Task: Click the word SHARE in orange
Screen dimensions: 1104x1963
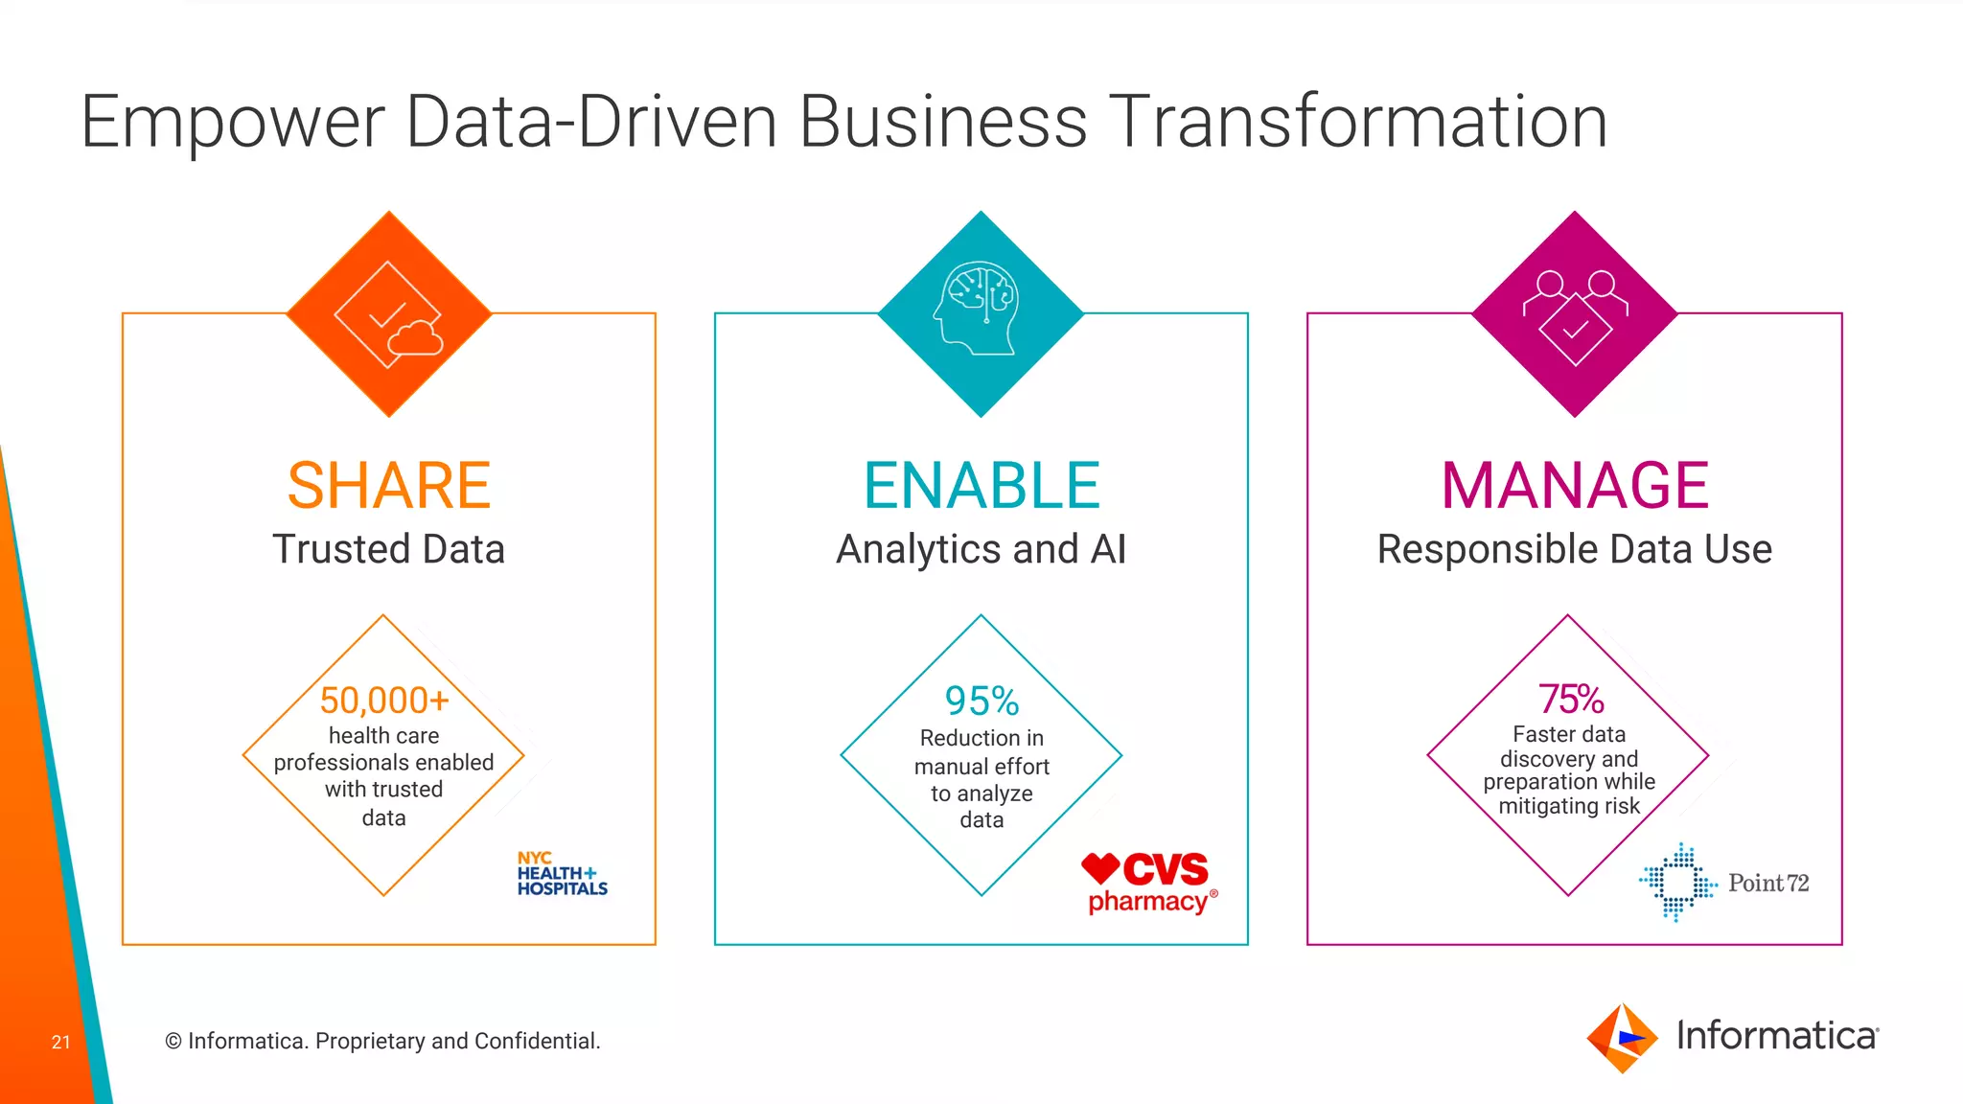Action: tap(388, 486)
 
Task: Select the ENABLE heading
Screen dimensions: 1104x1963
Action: tap(981, 486)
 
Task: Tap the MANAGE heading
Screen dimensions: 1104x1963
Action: tap(1575, 486)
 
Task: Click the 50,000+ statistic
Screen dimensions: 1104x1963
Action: tap(384, 701)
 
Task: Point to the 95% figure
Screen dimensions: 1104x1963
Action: tap(981, 701)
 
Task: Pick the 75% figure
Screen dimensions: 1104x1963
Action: tap(1571, 700)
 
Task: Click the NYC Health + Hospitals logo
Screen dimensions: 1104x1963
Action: tap(562, 874)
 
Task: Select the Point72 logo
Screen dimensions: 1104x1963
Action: tap(1723, 883)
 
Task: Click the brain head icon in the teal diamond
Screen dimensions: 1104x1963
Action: tap(977, 308)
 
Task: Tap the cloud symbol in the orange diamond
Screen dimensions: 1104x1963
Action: tap(416, 338)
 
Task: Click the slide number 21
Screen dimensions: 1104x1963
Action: tap(61, 1042)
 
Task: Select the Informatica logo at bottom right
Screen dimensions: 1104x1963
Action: tap(1733, 1037)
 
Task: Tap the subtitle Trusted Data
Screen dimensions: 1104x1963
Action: tap(388, 549)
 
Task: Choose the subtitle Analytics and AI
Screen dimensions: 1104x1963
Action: tap(981, 549)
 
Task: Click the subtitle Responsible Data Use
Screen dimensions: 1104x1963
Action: tap(1575, 549)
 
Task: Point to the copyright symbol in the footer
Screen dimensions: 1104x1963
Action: tap(173, 1042)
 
